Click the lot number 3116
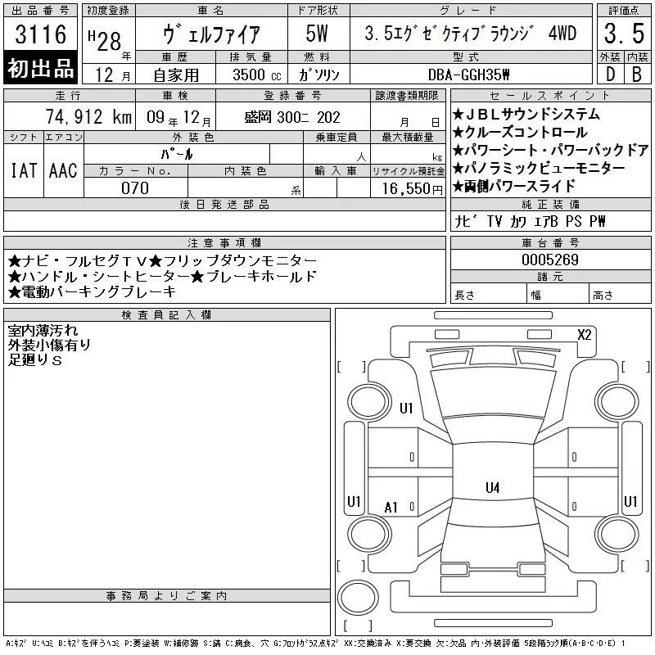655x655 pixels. pyautogui.click(x=40, y=34)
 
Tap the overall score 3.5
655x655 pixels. pyautogui.click(x=624, y=34)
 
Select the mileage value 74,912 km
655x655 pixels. pyautogui.click(x=88, y=117)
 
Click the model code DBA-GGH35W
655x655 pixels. pyautogui.click(x=468, y=75)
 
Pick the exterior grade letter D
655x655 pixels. pyautogui.click(x=610, y=75)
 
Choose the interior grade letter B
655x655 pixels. pyautogui.click(x=637, y=75)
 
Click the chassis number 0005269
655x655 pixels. pyautogui.click(x=550, y=260)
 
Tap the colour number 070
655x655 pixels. pyautogui.click(x=135, y=188)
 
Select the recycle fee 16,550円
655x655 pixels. pyautogui.click(x=413, y=189)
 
